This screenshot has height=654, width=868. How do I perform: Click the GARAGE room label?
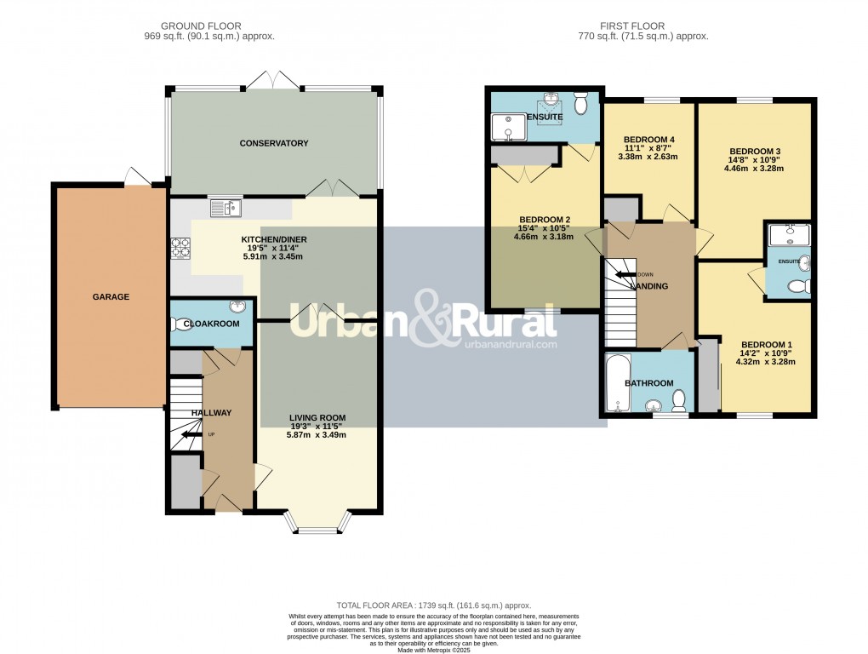tap(111, 297)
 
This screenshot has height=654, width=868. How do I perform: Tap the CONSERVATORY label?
tap(273, 143)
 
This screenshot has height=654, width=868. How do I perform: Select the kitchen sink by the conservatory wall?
tap(226, 206)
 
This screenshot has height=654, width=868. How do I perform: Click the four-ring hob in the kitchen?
tap(180, 247)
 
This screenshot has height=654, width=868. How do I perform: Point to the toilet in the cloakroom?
tap(179, 324)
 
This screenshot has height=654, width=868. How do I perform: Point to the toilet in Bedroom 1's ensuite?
tap(797, 287)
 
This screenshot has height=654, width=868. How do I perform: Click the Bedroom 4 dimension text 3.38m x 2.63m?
tap(648, 157)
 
